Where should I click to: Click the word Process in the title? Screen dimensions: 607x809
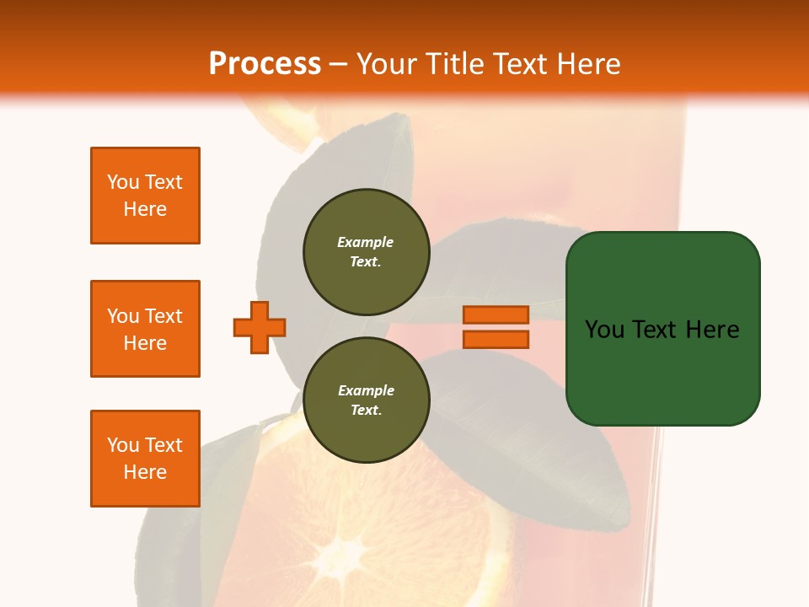pos(265,63)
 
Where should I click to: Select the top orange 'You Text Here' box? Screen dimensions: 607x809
pos(145,196)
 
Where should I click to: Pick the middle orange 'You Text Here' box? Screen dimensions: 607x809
pos(145,329)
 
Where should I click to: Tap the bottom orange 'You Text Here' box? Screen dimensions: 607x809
pos(145,459)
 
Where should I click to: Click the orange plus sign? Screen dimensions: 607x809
pos(260,327)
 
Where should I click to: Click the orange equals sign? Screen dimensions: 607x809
pos(496,327)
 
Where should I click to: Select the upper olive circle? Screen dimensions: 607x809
pos(366,251)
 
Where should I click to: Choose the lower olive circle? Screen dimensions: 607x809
pos(366,400)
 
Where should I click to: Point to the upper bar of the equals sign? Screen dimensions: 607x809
pos(496,314)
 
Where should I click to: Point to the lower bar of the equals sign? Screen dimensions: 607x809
pos(496,340)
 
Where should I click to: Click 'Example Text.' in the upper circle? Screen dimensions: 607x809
pos(366,251)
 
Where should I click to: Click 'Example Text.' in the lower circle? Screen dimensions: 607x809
pos(366,400)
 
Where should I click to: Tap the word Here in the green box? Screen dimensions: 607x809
pos(712,329)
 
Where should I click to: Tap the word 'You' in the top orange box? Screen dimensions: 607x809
pos(122,182)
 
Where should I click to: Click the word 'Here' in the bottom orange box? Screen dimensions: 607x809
pos(145,472)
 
